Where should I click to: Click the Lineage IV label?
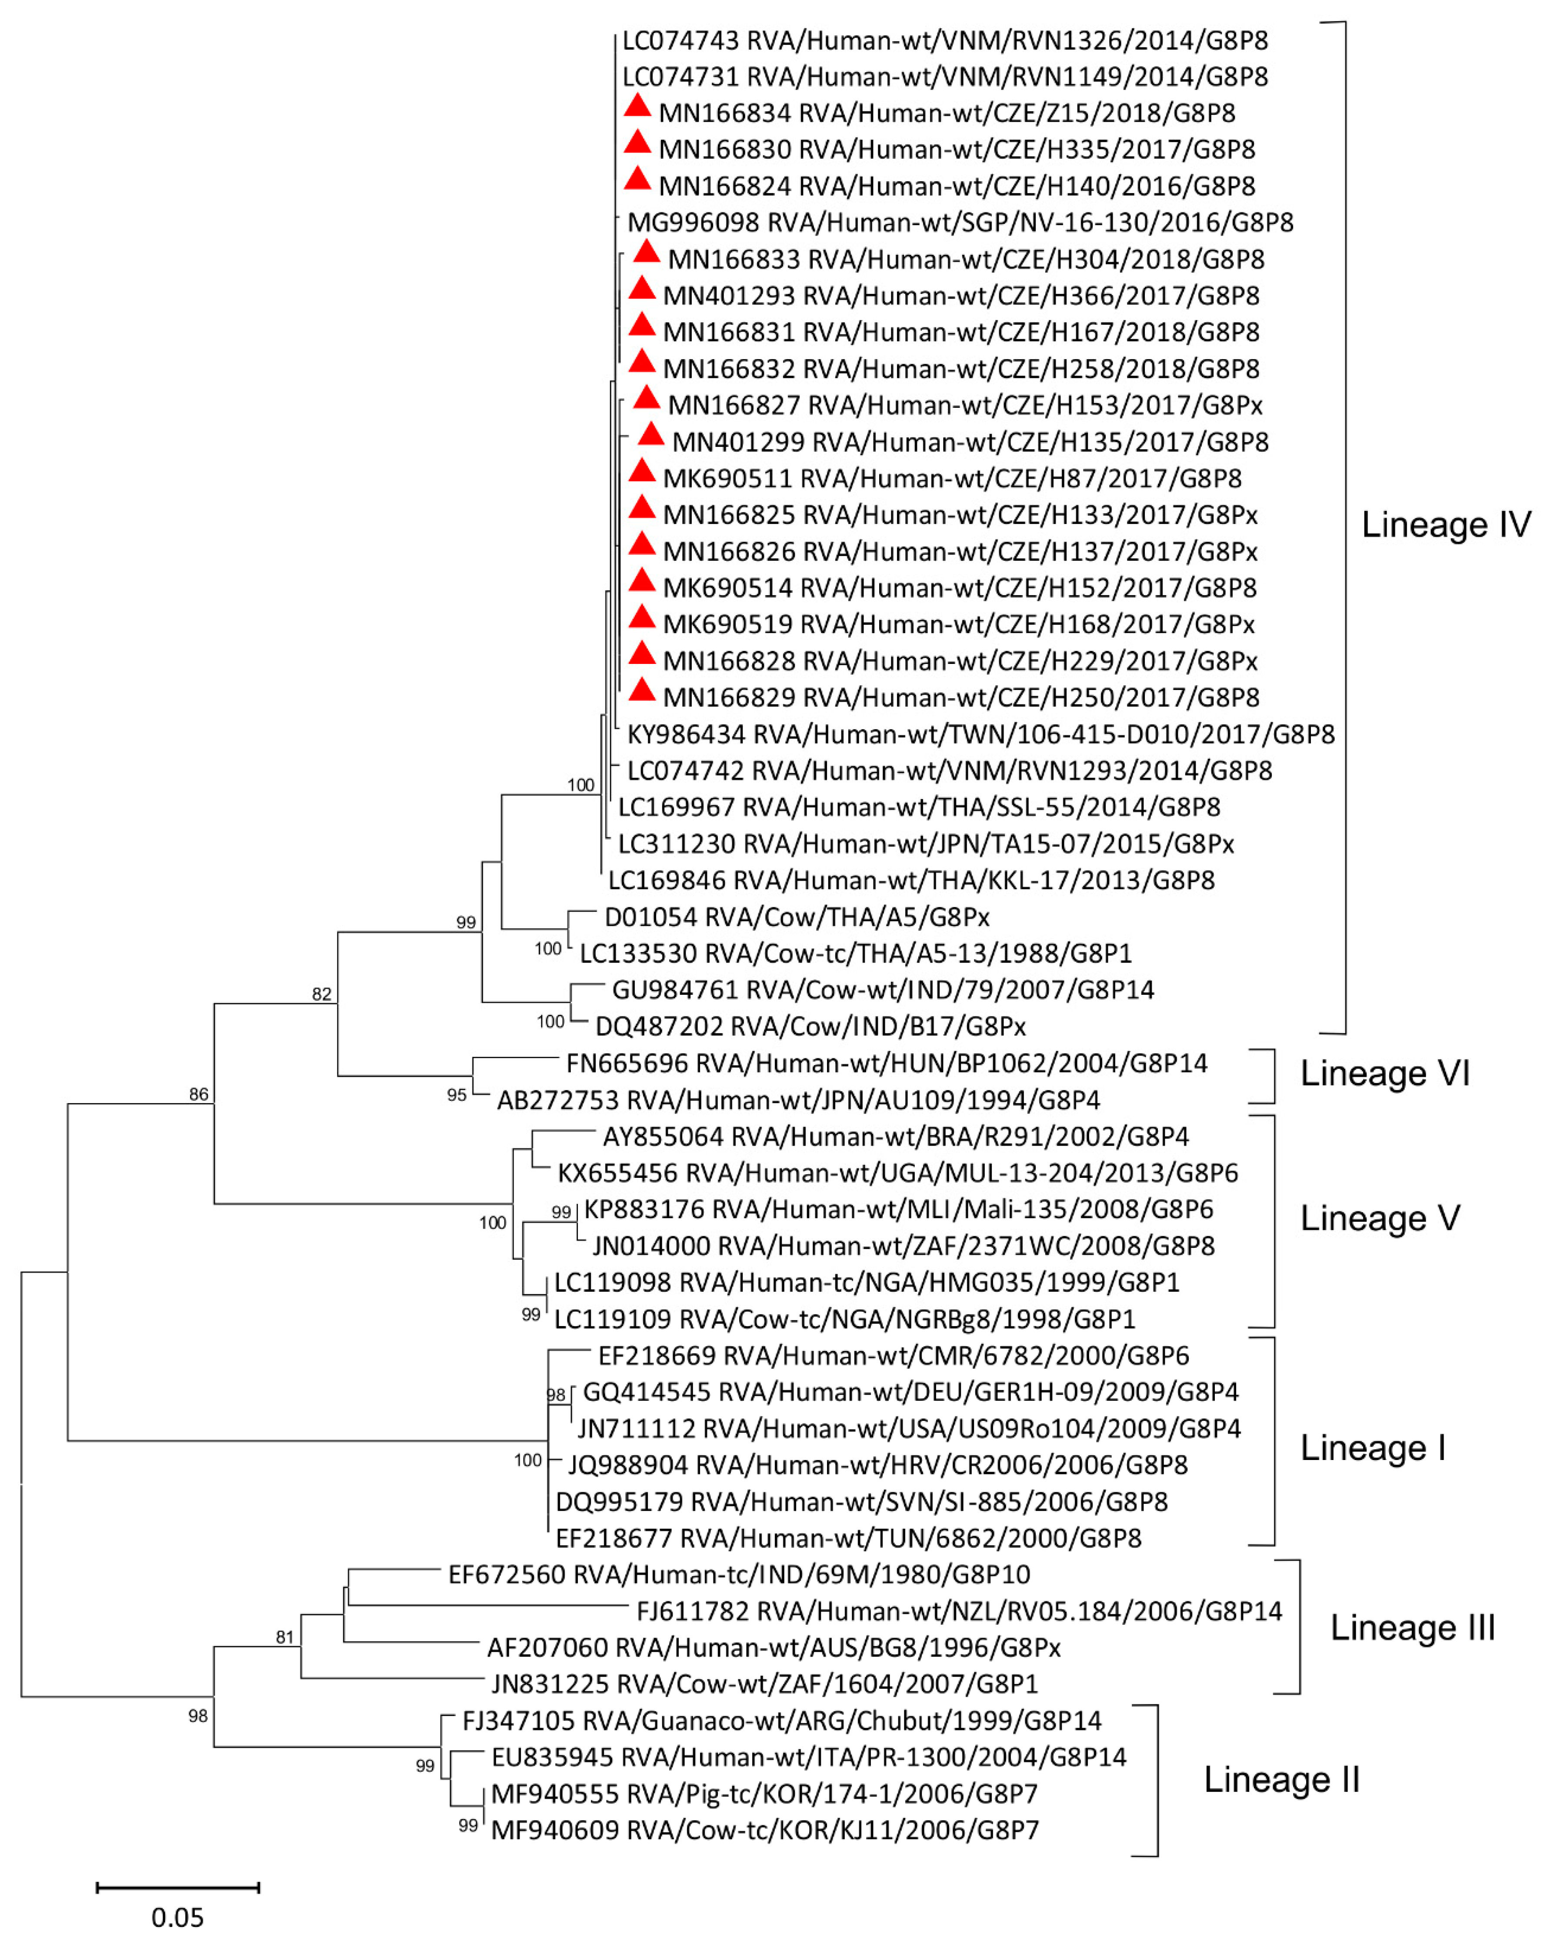(1445, 525)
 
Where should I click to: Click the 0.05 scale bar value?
(177, 1917)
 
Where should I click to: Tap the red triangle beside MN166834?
(637, 107)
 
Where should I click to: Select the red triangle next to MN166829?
(642, 691)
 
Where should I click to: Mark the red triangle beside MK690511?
(642, 471)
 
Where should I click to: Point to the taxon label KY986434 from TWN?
(980, 734)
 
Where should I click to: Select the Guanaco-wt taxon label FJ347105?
(781, 1721)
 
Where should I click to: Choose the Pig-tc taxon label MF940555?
(764, 1794)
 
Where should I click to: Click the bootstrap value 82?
(321, 994)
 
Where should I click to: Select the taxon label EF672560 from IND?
(739, 1575)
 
